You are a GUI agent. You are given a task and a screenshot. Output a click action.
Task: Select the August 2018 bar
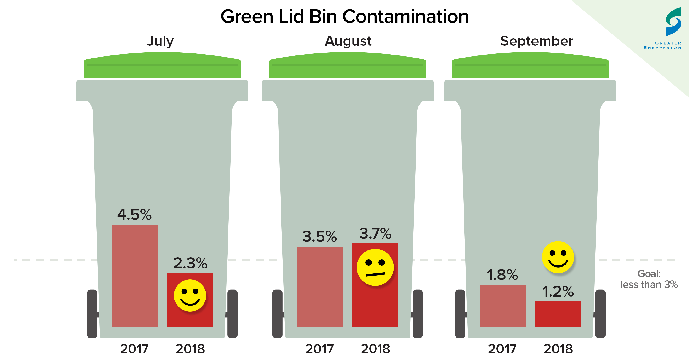(375, 305)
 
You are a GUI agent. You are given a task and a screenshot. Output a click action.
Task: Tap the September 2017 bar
(503, 306)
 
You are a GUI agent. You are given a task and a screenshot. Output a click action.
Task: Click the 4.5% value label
(134, 214)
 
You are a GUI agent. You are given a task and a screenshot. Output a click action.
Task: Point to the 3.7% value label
(375, 233)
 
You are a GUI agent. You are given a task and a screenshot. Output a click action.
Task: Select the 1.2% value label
(558, 291)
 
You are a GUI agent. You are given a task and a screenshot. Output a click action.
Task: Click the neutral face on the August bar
(375, 267)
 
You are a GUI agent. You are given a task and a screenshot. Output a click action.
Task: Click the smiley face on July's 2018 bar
(190, 295)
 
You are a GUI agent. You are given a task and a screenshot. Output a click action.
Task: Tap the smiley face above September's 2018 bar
(558, 257)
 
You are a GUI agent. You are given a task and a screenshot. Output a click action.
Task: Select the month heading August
(348, 41)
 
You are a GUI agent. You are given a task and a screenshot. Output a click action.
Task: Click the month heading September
(536, 41)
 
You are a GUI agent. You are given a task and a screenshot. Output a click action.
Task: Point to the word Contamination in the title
(405, 17)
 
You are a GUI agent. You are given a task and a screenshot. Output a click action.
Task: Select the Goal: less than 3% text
(649, 279)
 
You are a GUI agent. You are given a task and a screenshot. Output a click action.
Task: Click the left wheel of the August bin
(277, 314)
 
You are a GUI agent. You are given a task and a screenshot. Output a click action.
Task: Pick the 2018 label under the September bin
(558, 349)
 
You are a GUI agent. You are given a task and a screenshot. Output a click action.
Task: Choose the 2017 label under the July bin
(134, 349)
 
